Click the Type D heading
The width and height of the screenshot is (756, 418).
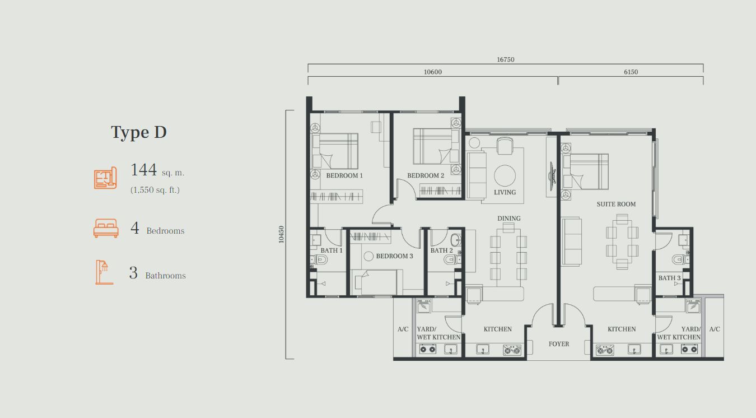point(139,132)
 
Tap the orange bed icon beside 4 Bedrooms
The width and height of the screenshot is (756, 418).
point(106,229)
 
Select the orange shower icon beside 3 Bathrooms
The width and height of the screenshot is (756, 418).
point(104,272)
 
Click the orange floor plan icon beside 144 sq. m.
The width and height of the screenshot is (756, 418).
point(105,178)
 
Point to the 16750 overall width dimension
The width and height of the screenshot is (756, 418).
point(505,59)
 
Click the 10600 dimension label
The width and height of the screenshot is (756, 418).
point(432,72)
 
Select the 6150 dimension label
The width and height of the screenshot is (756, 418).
point(631,72)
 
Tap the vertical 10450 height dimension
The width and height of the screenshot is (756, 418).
point(282,234)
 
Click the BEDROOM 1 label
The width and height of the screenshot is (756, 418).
point(344,175)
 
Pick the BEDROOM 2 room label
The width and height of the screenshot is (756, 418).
point(426,175)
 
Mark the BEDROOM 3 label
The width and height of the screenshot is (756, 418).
point(394,256)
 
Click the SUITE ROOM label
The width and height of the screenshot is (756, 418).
point(616,204)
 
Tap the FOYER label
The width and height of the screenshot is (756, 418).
point(558,344)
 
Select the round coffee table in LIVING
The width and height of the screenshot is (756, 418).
point(505,175)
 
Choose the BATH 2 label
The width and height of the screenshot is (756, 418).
point(441,250)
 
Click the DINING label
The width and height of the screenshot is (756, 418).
point(508,219)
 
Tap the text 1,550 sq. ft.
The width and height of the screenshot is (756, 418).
point(155,190)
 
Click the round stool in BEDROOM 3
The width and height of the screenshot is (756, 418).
point(368,256)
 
